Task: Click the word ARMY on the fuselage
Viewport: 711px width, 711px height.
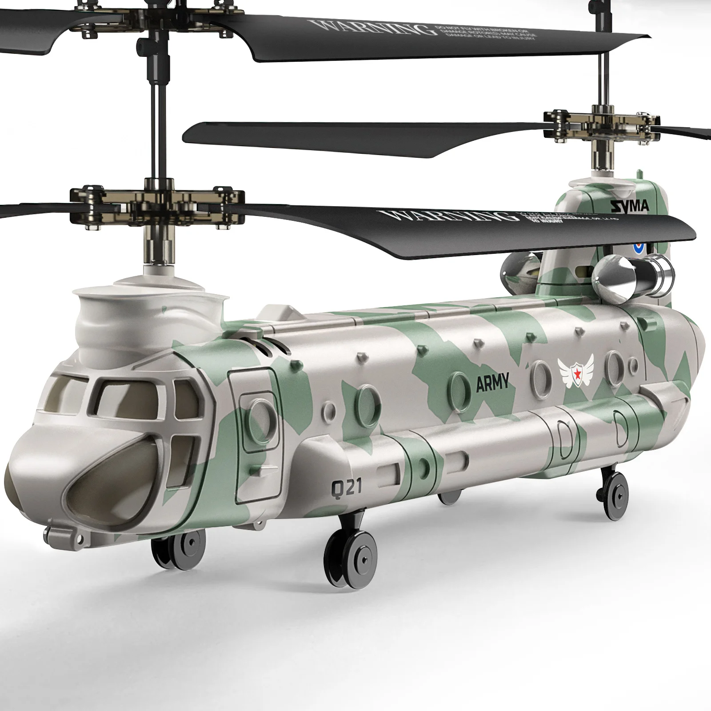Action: click(492, 383)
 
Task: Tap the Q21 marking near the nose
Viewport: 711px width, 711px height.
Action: click(346, 487)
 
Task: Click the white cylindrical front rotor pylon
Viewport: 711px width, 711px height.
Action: click(147, 311)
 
